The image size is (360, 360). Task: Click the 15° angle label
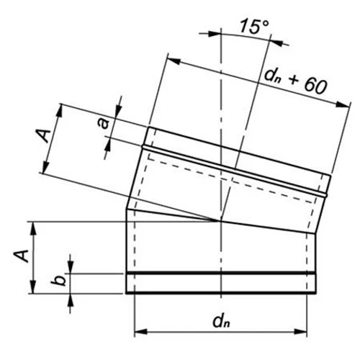coord(253,27)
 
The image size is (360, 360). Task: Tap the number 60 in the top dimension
coord(313,85)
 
